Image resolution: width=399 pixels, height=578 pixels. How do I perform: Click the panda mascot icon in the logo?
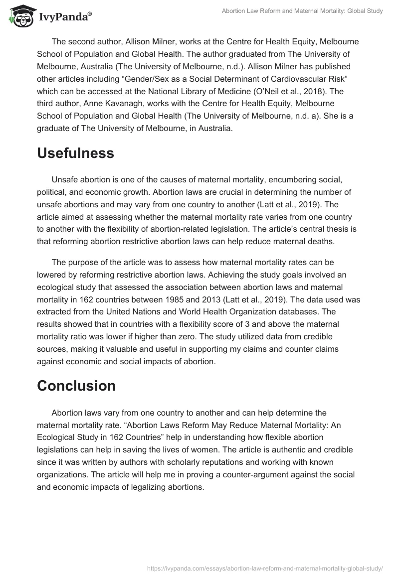(x=19, y=15)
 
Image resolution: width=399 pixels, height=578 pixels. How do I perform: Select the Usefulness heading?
(x=75, y=153)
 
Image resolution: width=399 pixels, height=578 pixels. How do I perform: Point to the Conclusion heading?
(x=76, y=385)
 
